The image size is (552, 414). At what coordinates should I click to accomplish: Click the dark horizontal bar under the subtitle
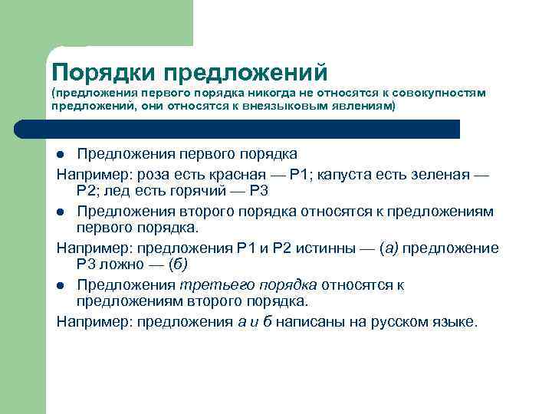[x=253, y=129]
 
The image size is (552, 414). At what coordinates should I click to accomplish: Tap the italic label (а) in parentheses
[x=389, y=248]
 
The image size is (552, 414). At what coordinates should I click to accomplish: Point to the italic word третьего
[x=209, y=285]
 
